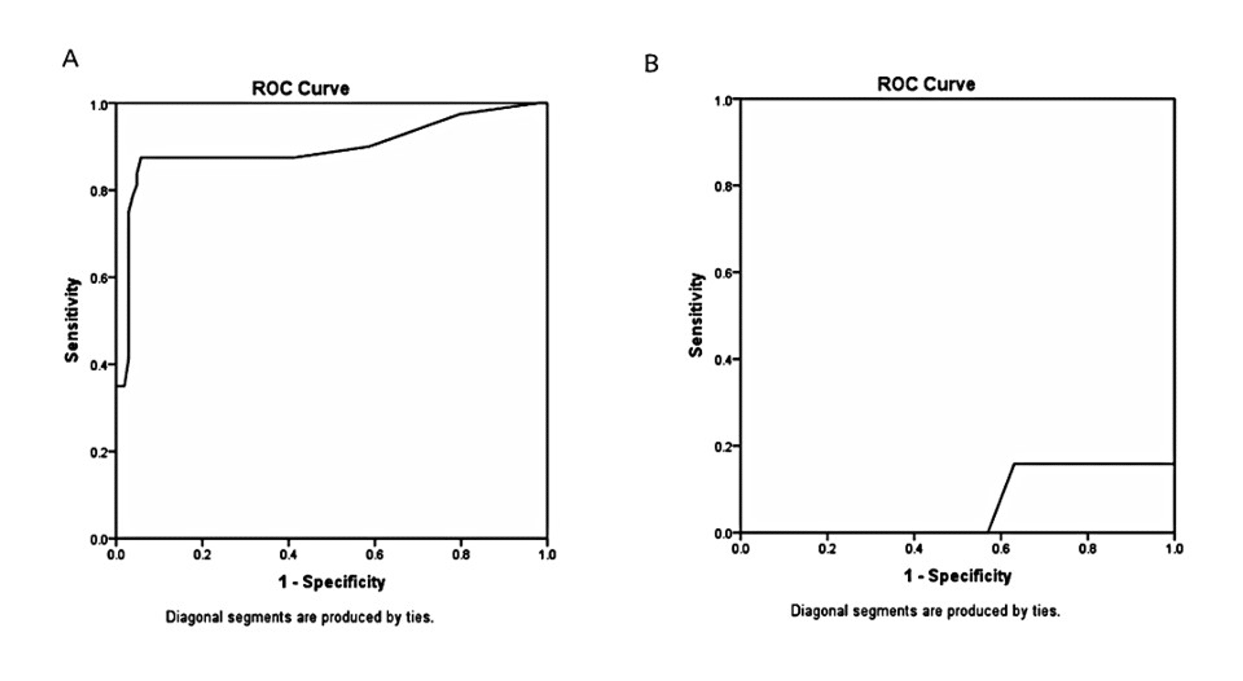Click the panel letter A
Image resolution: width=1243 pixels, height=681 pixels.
(70, 59)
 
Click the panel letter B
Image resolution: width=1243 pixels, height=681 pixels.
(651, 64)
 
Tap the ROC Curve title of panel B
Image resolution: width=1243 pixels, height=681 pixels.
(926, 85)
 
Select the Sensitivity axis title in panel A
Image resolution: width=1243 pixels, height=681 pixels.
(72, 320)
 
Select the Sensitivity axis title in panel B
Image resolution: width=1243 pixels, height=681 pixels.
(696, 315)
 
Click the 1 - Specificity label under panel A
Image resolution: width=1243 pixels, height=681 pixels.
(331, 582)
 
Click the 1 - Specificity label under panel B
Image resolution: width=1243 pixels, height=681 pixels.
(958, 576)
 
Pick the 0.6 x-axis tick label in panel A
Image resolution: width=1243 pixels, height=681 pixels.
(375, 555)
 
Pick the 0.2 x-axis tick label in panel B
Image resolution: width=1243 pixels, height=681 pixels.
(827, 549)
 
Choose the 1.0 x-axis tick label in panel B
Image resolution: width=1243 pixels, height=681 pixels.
(1173, 549)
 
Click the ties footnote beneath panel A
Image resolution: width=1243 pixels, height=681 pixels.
(300, 617)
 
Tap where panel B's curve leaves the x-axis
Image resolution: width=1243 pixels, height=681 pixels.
(988, 532)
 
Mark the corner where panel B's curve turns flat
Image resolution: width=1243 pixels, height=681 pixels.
(1014, 464)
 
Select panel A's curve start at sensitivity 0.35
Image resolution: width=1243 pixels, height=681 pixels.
(117, 386)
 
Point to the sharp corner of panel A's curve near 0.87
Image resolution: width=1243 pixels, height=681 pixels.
(141, 157)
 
